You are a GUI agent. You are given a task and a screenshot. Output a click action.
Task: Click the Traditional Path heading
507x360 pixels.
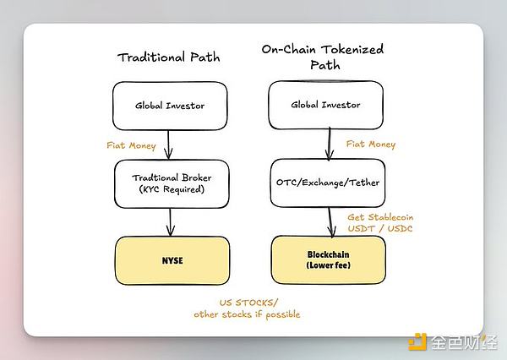(169, 57)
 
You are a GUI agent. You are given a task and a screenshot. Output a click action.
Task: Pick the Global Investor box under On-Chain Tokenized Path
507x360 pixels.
(324, 106)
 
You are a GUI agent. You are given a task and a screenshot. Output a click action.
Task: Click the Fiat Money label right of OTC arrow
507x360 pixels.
(372, 145)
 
